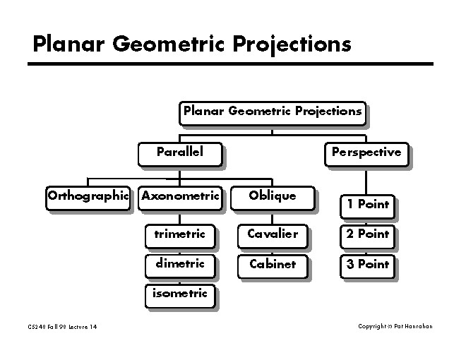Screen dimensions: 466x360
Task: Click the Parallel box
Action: pyautogui.click(x=180, y=154)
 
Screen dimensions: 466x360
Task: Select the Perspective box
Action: pyautogui.click(x=366, y=154)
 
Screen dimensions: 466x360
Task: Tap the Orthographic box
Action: pyautogui.click(x=88, y=198)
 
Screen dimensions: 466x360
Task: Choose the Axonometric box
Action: pyautogui.click(x=180, y=198)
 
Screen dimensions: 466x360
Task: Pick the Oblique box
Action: pyautogui.click(x=273, y=198)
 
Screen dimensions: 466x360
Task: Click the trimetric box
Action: pyautogui.click(x=180, y=236)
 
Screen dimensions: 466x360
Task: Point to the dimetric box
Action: pyautogui.click(x=180, y=266)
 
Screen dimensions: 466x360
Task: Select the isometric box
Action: pyautogui.click(x=180, y=296)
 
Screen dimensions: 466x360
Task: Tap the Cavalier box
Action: pyautogui.click(x=273, y=236)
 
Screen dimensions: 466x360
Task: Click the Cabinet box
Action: pyautogui.click(x=273, y=266)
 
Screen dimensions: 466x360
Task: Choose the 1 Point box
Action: pyautogui.click(x=368, y=206)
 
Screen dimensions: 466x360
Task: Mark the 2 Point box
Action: pyautogui.click(x=368, y=236)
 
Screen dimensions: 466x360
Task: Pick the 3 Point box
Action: pyautogui.click(x=368, y=266)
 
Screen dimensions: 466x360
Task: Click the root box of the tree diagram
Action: pyautogui.click(x=273, y=113)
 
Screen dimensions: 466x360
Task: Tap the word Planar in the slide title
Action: pyautogui.click(x=68, y=44)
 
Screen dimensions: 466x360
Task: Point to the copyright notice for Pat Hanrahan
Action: pyautogui.click(x=395, y=326)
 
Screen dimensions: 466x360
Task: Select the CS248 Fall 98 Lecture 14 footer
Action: pyautogui.click(x=62, y=327)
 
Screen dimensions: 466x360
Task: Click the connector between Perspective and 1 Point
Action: pyautogui.click(x=366, y=183)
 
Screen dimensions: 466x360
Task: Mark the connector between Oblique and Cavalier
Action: pyautogui.click(x=273, y=220)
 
